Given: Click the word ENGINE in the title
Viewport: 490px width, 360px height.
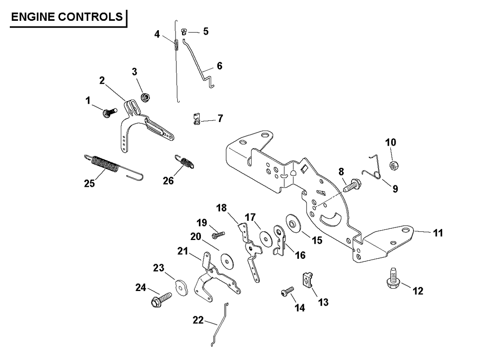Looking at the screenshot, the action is pos(33,17).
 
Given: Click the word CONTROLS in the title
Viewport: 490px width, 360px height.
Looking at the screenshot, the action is pos(90,17).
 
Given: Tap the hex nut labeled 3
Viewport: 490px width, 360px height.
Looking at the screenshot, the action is pos(145,97).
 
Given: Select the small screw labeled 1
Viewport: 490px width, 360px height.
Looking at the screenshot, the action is pos(110,112).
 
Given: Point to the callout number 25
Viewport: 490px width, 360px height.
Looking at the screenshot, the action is pos(89,183).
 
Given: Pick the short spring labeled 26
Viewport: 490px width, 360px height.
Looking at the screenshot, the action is pos(185,162).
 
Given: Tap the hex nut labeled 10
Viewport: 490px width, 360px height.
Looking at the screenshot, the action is pos(394,166).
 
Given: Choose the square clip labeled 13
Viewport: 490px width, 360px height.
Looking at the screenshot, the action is pos(308,280).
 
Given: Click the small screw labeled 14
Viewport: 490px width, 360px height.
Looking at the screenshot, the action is pos(287,292).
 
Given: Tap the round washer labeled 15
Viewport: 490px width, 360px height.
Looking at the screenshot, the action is pos(293,223).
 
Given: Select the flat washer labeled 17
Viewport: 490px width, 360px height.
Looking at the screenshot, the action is pos(266,238).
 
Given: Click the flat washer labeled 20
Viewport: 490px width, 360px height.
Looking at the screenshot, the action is pos(227,261).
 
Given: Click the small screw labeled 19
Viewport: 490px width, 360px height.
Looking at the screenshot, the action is pos(218,235).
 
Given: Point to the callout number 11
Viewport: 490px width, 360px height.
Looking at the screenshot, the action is pos(438,233).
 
